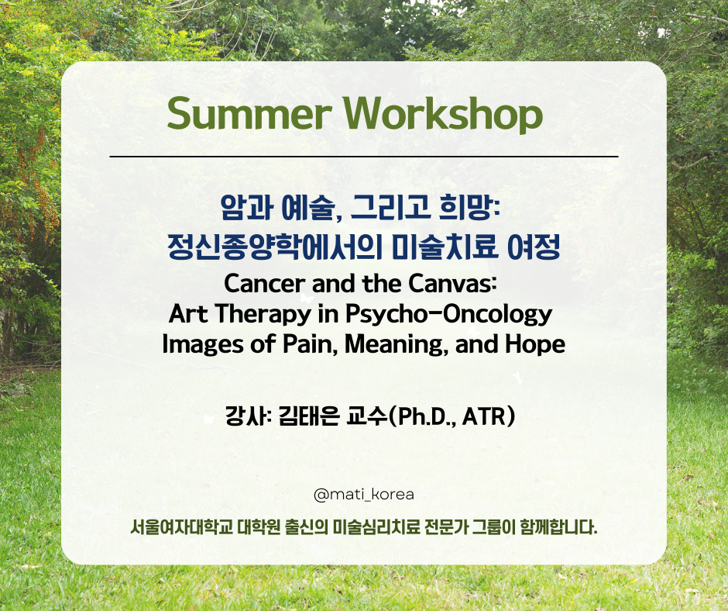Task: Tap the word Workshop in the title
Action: pyautogui.click(x=443, y=115)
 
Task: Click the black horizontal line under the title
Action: pyautogui.click(x=364, y=157)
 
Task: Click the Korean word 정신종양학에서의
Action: pyautogui.click(x=274, y=247)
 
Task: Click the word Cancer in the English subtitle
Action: pyautogui.click(x=264, y=283)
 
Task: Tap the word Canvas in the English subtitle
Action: pyautogui.click(x=452, y=283)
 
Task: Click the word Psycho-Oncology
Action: pyautogui.click(x=449, y=314)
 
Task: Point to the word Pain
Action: pyautogui.click(x=310, y=344)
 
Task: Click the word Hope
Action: pyautogui.click(x=535, y=345)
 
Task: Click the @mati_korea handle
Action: pyautogui.click(x=364, y=494)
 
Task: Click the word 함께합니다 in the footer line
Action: pyautogui.click(x=558, y=527)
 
